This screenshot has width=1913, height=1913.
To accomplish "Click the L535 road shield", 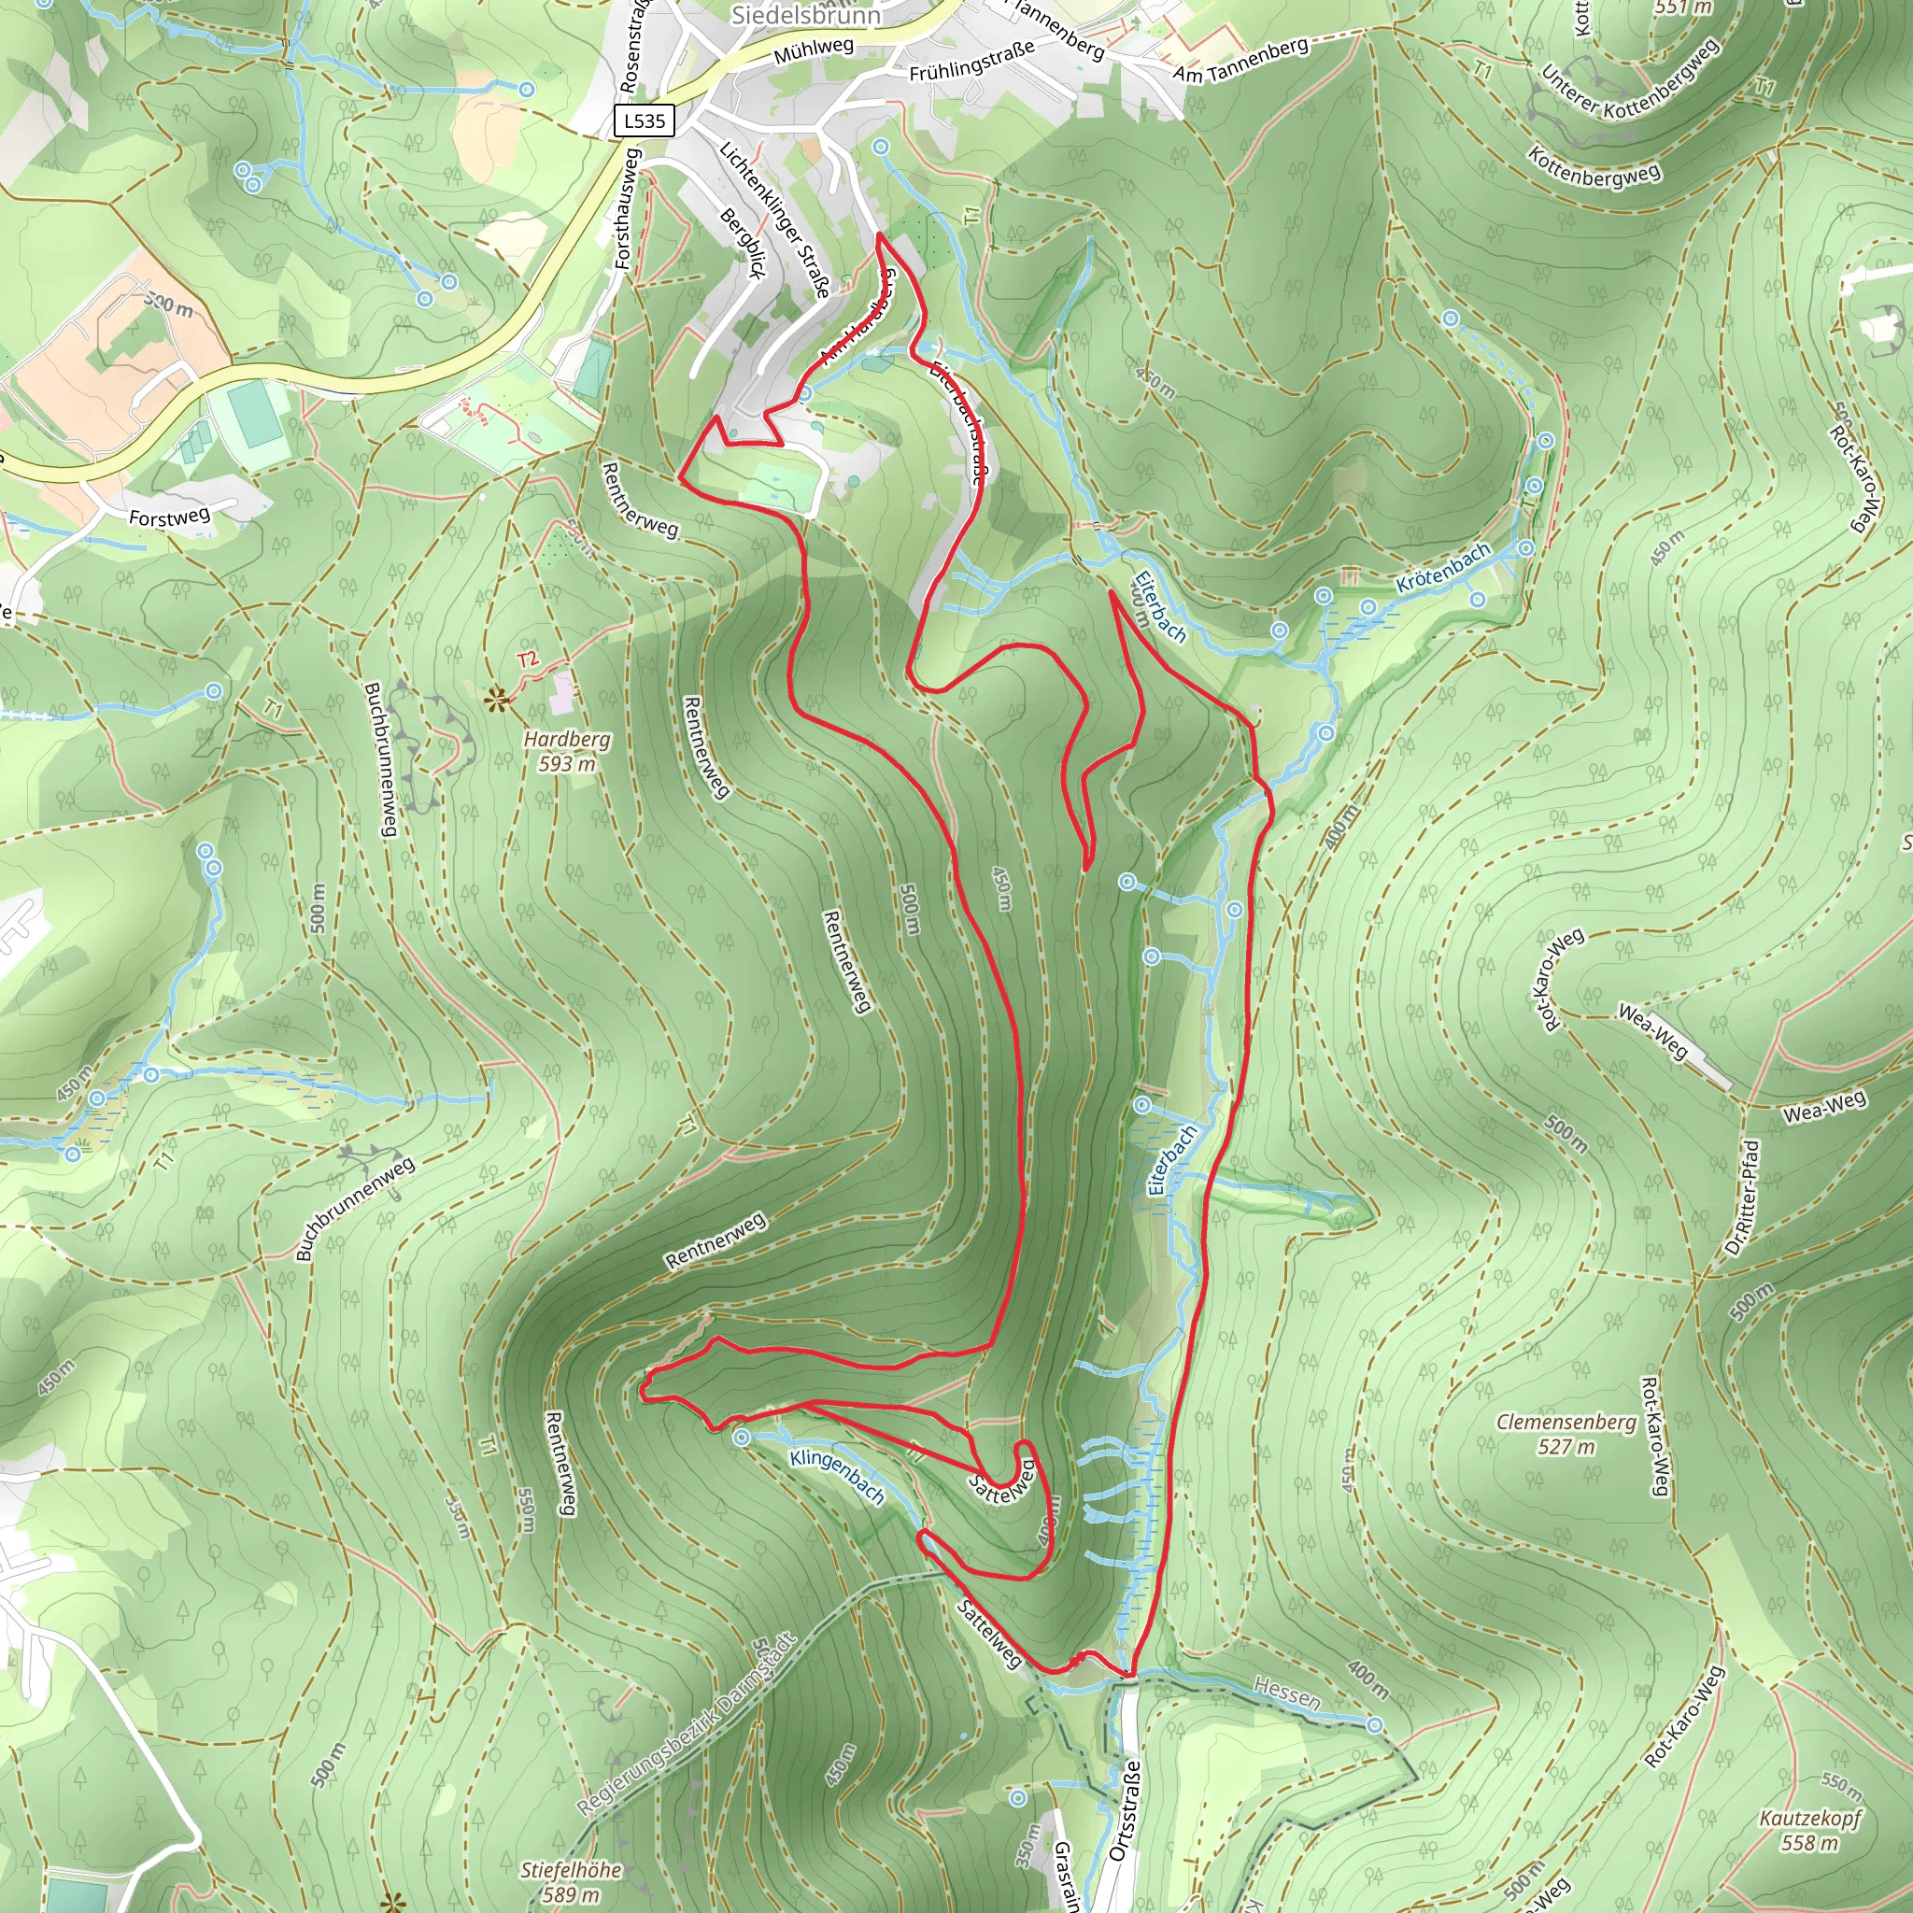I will tap(645, 120).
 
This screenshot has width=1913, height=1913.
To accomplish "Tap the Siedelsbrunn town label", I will tap(805, 15).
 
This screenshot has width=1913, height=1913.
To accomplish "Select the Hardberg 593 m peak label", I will tap(567, 751).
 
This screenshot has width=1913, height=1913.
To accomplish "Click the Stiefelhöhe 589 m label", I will tap(572, 1881).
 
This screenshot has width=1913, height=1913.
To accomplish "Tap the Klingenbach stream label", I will tap(838, 1477).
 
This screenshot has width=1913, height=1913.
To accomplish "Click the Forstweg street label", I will tap(169, 517).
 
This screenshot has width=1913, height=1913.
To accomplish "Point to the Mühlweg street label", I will tap(813, 51).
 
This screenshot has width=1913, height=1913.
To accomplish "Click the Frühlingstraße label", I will tap(971, 61).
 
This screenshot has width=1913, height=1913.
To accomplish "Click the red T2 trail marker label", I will tap(528, 659).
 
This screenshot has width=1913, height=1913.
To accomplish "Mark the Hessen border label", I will tap(1286, 1693).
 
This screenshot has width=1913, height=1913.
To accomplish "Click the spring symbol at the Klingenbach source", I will tap(742, 1438).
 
